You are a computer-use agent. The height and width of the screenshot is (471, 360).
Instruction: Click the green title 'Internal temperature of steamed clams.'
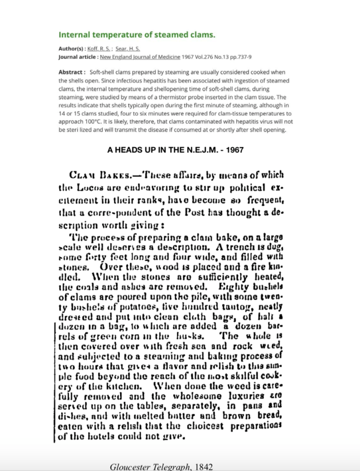(x=137, y=34)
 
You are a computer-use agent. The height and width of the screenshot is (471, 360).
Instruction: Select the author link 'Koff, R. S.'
(x=93, y=49)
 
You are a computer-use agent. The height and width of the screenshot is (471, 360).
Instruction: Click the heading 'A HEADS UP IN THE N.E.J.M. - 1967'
(x=175, y=150)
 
